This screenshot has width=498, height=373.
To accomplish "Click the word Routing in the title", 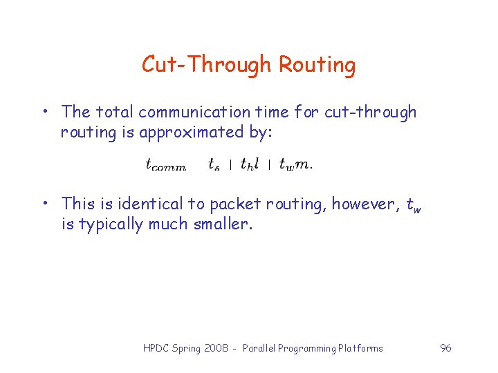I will pos(317,65).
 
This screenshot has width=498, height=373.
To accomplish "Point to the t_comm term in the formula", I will pos(165,164).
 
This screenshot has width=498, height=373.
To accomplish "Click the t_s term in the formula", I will pos(214,164).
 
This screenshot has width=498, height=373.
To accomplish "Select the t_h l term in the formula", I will pos(250,164).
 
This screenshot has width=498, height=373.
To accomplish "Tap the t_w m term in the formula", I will pos(295,164).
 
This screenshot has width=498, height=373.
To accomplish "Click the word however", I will pos(365,204).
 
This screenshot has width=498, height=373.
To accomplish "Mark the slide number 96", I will pos(445,348).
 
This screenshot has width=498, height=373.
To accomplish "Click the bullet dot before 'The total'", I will pos(44,112).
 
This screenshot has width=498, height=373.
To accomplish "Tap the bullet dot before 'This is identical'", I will pos(44,204).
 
